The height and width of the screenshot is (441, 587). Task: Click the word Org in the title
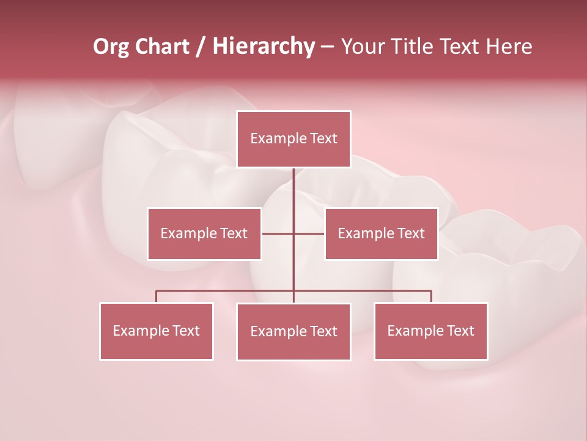tap(111, 47)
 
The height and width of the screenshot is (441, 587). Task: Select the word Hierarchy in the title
tap(264, 47)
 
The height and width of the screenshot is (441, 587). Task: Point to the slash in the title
tap(200, 47)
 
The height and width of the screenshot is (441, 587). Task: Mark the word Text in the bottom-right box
tap(460, 331)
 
